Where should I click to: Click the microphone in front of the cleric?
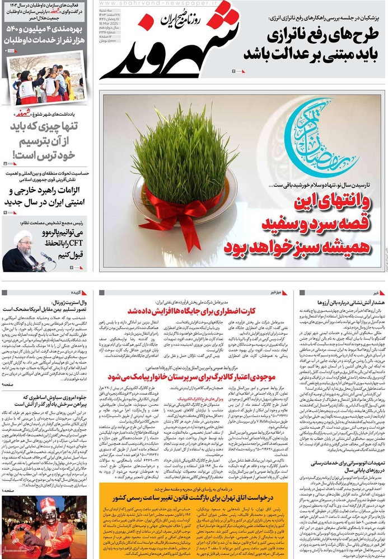click(x=47, y=257)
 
